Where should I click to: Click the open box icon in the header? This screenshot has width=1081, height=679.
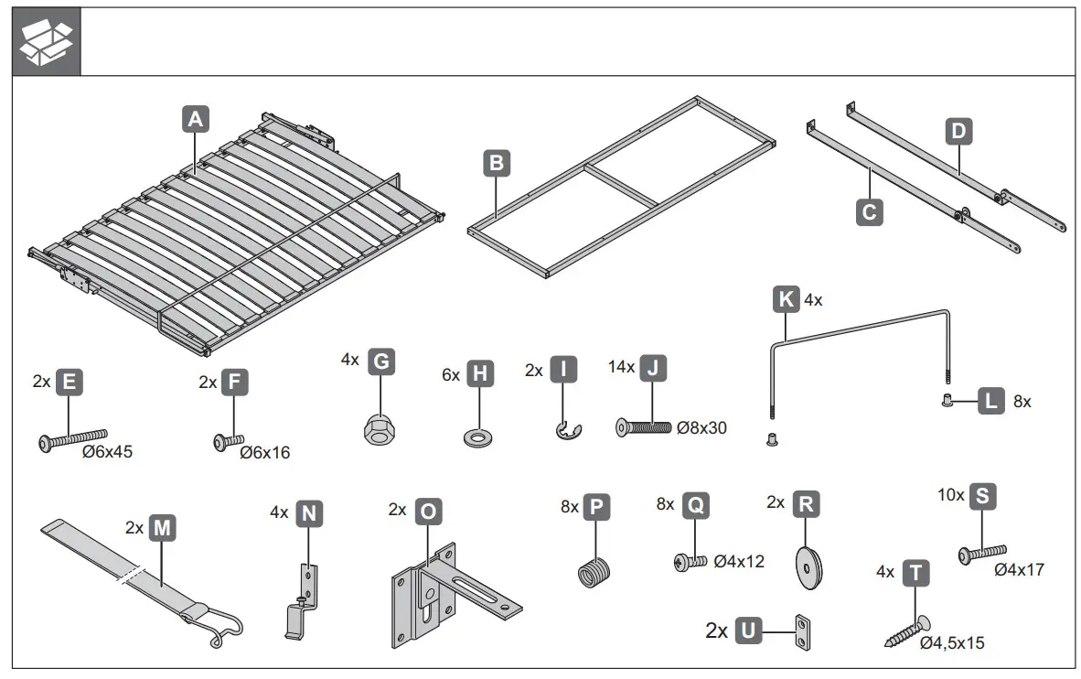(47, 41)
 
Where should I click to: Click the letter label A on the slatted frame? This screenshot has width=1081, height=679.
(196, 118)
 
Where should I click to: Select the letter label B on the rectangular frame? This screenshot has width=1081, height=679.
(496, 164)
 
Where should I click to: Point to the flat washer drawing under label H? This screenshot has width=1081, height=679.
(477, 432)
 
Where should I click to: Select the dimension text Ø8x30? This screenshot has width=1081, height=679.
(701, 427)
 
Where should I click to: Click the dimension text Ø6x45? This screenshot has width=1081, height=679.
(108, 452)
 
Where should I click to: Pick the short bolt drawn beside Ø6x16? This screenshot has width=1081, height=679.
(226, 442)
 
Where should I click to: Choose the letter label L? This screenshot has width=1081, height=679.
(990, 401)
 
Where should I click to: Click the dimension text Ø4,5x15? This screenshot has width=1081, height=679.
(951, 643)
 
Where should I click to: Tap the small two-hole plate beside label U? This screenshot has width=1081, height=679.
(803, 631)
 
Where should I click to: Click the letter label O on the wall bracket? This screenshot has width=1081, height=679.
(427, 511)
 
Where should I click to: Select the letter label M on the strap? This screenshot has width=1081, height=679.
(161, 528)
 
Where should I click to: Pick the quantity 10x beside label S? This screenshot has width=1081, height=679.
(951, 495)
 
